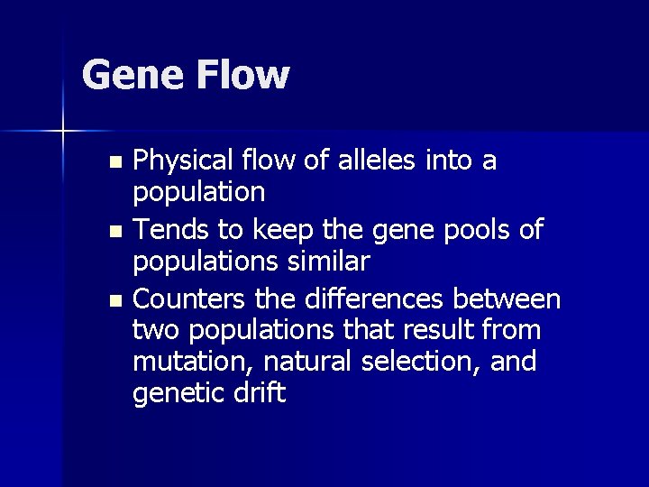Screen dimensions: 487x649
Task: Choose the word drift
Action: tap(262, 393)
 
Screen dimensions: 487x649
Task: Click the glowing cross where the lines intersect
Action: tap(62, 132)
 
